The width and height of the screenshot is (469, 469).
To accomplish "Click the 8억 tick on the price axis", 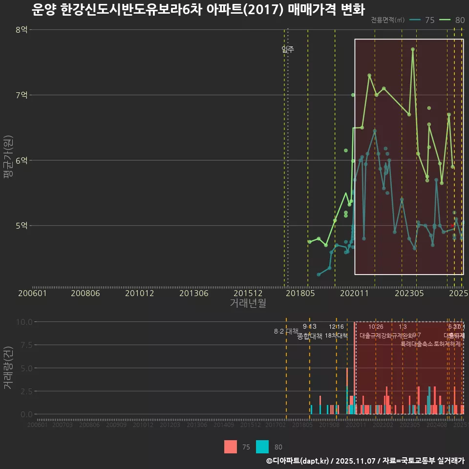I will coord(21,30).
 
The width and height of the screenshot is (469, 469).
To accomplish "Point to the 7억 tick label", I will coord(21,95).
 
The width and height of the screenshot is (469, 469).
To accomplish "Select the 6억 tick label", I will coord(21,160).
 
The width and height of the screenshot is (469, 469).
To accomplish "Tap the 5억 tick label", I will coord(21,226).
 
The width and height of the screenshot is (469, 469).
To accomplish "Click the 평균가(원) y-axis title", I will coord(8,159).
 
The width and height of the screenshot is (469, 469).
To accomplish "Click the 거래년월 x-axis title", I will coord(248,303).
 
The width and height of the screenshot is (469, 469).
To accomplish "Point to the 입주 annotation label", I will coord(288,49).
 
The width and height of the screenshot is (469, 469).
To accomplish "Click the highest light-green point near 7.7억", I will coord(413,49).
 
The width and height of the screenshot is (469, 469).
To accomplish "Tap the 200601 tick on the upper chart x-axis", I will coord(32,294).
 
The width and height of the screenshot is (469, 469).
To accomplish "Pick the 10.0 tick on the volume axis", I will coord(23,322).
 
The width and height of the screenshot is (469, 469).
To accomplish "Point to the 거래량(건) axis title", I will coord(8,368).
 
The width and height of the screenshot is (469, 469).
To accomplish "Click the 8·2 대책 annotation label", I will coord(286,331).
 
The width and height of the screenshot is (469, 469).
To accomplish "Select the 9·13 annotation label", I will coord(309,327).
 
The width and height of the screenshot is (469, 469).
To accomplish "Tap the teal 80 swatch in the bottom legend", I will coord(262,447).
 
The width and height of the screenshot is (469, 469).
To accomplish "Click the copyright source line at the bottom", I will coord(365,461).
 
